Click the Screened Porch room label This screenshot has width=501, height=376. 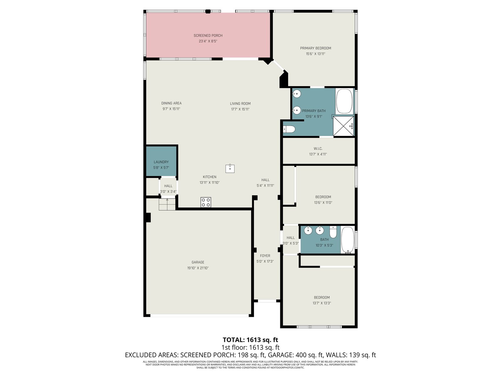pos(208,35)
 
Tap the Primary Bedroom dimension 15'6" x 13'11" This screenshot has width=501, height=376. pos(315,54)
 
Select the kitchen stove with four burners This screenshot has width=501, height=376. pos(205,202)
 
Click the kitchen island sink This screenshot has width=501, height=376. pos(230,169)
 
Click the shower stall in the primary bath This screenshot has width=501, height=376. pos(343,126)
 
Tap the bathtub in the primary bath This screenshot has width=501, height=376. pos(344,101)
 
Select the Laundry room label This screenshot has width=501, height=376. pos(161,162)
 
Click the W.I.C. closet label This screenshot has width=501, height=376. pos(318,149)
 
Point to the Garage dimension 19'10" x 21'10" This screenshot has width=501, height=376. pos(198,268)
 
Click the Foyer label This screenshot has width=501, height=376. pos(265,256)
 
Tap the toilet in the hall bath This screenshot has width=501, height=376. pos(333,232)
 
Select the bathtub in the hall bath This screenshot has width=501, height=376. pos(348,240)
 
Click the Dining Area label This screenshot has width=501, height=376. pos(171,103)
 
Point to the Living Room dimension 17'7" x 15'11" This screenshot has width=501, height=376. pos(240,109)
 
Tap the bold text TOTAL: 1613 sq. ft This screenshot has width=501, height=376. pos(250,340)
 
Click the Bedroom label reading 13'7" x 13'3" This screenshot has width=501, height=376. pos(322,303)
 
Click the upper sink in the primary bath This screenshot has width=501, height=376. pos(297,94)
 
